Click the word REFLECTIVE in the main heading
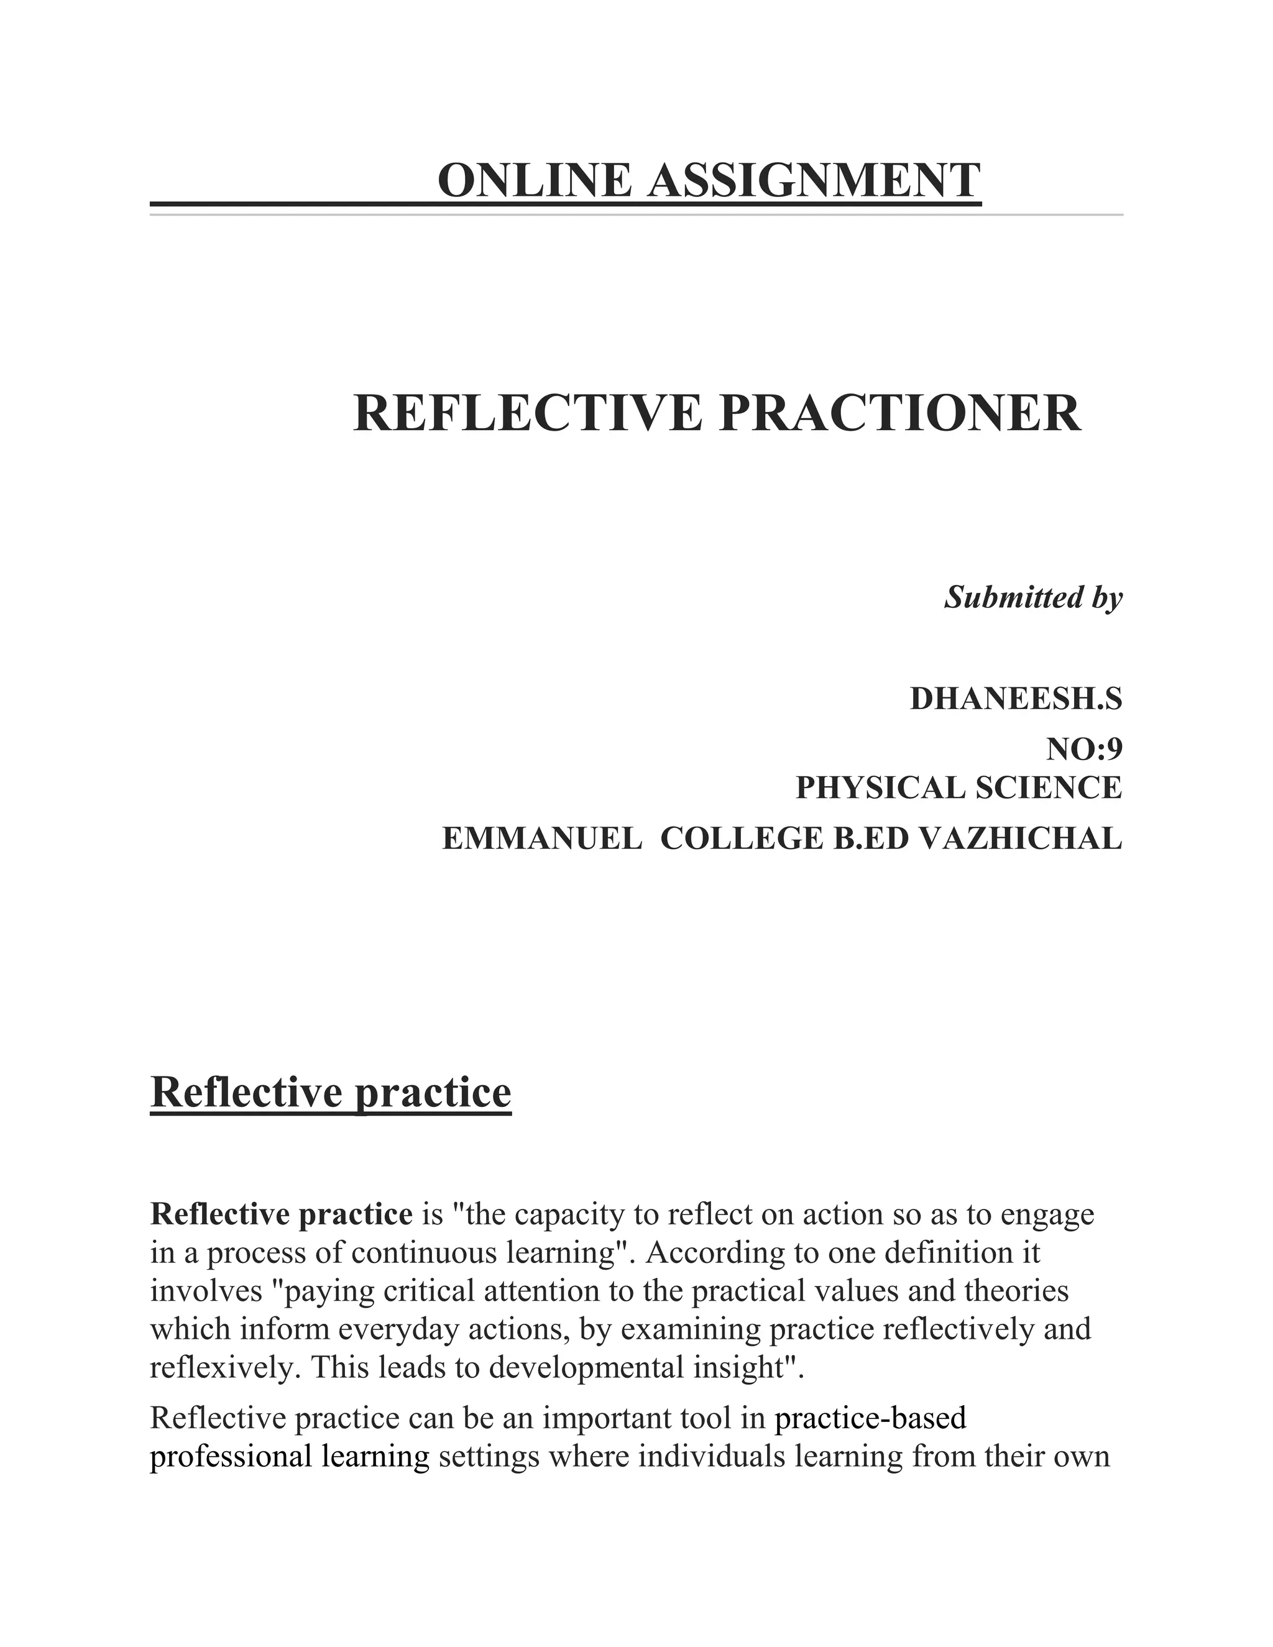click(x=527, y=413)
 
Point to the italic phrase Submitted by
click(x=1033, y=597)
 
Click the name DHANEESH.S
click(x=1016, y=699)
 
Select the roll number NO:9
click(x=1083, y=750)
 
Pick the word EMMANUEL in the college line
click(x=541, y=838)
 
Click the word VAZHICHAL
click(x=1021, y=838)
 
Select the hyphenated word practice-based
click(x=870, y=1418)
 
